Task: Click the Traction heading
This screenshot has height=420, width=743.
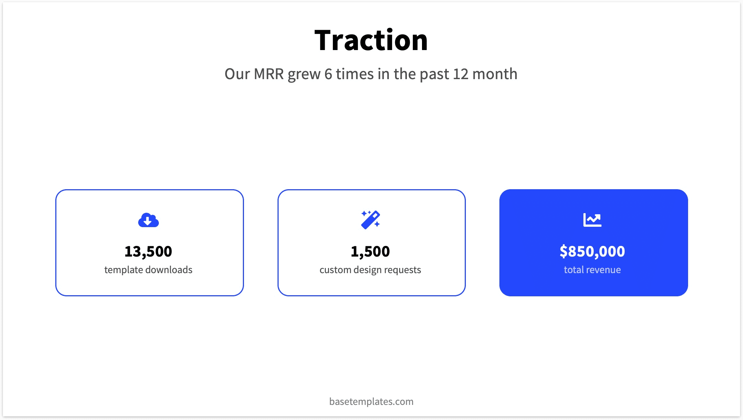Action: pos(371,40)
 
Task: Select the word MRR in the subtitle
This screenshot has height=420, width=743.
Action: pos(269,74)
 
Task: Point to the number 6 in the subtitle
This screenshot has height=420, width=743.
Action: pos(328,74)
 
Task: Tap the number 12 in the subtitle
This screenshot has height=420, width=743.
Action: pos(460,74)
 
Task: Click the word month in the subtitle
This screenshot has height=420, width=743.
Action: pos(495,74)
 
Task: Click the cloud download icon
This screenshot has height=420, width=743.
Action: pos(149,220)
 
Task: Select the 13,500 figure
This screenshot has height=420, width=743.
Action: pos(148,251)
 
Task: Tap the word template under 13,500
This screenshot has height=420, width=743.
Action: pos(124,270)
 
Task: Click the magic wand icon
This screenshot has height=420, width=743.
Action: pos(370,220)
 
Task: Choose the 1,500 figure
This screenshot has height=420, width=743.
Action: pos(370,251)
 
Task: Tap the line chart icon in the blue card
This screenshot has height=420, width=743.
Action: pos(592,220)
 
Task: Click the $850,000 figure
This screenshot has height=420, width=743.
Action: pos(592,251)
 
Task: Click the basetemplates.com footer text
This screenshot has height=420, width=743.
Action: pos(371,401)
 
